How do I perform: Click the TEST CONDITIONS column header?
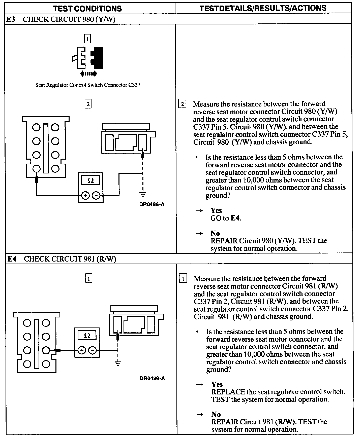coord(87,9)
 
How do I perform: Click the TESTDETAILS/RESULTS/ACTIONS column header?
coord(263,8)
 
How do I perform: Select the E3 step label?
coord(10,20)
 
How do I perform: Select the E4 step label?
coord(12,259)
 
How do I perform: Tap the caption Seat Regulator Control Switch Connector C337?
coord(88,85)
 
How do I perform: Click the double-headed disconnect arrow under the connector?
coord(88,74)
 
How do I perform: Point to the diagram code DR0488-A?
coord(152,204)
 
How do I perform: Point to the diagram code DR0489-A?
coord(152,378)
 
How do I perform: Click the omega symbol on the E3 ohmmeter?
coord(90,180)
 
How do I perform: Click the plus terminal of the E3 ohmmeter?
coord(85,195)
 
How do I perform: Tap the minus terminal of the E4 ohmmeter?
coord(93,350)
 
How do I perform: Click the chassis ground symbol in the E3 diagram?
coord(143,194)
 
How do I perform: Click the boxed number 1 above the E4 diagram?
coord(88,278)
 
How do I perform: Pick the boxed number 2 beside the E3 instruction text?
coord(182,104)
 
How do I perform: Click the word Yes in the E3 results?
coord(216,210)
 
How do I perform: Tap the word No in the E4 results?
coord(216,414)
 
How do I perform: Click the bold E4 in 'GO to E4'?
coord(235,218)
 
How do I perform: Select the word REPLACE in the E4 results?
coord(228,392)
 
